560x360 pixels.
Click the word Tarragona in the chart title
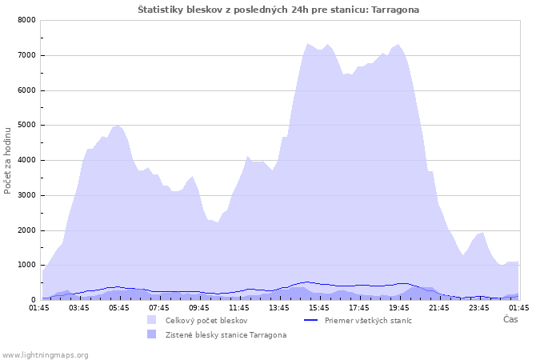395,10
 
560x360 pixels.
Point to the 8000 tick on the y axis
26,20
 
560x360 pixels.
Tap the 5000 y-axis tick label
26,125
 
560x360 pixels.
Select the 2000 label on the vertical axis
26,230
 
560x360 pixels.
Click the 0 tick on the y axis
34,300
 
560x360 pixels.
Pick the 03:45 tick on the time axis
79,308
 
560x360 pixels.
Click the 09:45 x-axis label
199,308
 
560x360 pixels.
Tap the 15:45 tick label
319,308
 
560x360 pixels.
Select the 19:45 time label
399,308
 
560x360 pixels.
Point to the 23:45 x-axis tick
479,308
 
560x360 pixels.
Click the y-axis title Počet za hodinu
7,161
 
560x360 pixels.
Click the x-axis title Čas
510,319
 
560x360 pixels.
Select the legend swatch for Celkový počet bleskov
151,320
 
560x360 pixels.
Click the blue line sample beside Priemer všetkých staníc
310,320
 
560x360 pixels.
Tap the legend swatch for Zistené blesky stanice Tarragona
151,334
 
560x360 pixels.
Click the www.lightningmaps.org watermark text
45,355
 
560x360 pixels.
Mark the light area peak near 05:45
117,126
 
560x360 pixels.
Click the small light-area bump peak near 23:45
482,233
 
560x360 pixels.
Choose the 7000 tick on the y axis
26,55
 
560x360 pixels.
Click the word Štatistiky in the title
161,10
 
